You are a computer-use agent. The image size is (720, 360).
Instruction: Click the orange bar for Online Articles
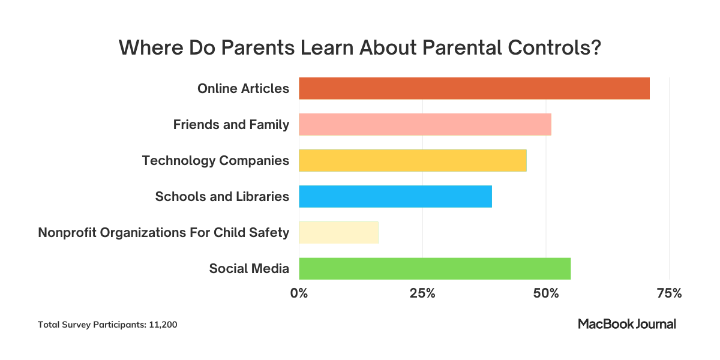point(474,88)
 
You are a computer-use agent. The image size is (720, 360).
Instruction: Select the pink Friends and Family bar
point(425,124)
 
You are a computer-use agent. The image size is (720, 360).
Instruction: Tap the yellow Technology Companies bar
point(412,160)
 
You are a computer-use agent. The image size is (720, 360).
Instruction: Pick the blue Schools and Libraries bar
point(395,196)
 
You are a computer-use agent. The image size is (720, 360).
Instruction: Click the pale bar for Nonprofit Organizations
point(338,232)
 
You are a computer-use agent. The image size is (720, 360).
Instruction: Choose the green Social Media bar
point(434,268)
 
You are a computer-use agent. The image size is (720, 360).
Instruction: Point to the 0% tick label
point(299,293)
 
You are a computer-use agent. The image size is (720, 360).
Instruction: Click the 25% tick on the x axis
point(422,293)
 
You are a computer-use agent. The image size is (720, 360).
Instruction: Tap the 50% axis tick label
point(546,293)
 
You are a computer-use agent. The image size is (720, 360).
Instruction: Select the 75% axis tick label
point(669,293)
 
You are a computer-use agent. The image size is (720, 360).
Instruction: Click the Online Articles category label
point(243,89)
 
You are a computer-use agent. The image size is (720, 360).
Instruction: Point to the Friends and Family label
point(231,125)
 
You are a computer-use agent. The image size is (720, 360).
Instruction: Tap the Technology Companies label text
point(215,161)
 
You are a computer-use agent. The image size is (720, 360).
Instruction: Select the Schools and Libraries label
point(222,197)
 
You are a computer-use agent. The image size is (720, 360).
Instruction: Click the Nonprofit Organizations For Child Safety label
point(163,233)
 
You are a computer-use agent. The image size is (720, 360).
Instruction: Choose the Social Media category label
point(249,269)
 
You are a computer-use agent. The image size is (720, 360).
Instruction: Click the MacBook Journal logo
point(626,324)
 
